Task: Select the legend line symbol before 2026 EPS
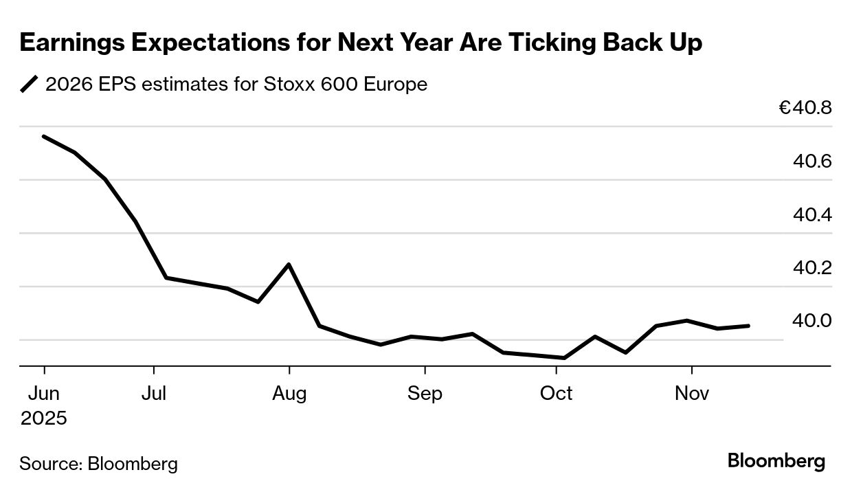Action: [30, 85]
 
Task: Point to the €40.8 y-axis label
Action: [805, 109]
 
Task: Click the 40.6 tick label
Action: [812, 161]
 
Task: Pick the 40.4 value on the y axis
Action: [812, 215]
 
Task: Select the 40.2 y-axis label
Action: [812, 268]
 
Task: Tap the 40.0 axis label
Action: [812, 321]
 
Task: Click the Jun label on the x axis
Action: [43, 394]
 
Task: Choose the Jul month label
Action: [154, 394]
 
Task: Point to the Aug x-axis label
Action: [289, 394]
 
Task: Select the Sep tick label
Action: [425, 394]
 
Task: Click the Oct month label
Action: [556, 394]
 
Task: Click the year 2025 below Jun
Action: [43, 418]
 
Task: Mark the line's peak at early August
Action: [289, 264]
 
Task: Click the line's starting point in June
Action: [44, 136]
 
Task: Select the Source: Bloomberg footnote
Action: [98, 464]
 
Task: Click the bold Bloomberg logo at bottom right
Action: [776, 461]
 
